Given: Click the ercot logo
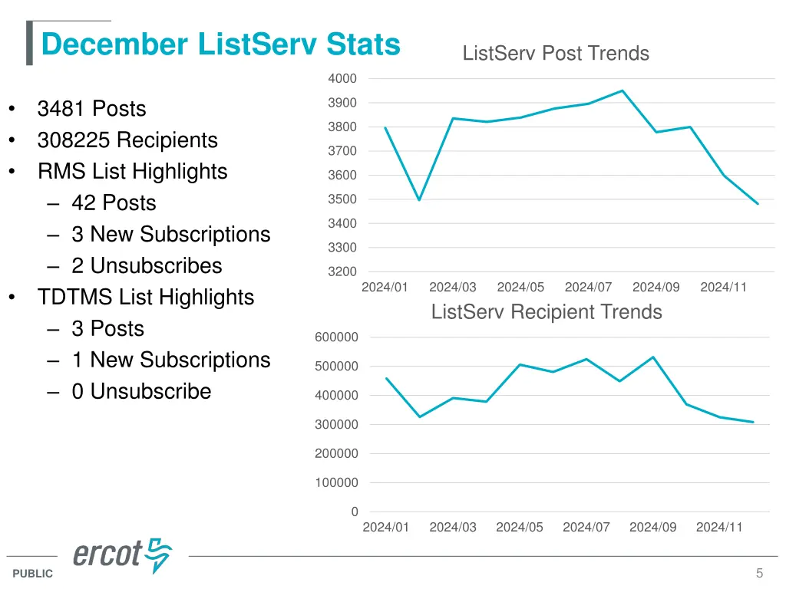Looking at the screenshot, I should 122,554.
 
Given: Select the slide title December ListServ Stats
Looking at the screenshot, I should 220,44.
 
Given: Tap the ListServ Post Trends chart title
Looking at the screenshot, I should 556,54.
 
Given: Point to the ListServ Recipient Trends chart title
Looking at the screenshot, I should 547,312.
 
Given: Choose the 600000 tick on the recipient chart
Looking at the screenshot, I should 336,337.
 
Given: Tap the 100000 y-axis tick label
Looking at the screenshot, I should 336,483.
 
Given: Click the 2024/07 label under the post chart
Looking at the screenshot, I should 588,288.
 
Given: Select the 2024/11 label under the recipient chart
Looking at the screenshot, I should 719,528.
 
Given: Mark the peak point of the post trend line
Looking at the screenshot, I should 623,90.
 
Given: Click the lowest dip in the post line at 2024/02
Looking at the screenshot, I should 419,200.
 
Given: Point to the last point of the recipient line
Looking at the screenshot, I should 753,422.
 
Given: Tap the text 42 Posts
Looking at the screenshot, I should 114,203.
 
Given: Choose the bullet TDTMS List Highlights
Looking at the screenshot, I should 145,298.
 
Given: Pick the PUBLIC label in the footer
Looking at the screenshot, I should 33,574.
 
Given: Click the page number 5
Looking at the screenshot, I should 759,573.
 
